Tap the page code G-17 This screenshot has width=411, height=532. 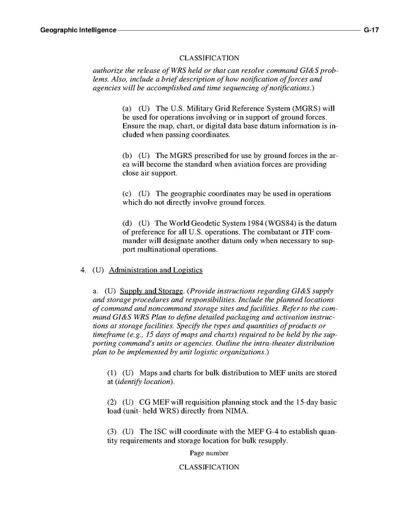(371, 29)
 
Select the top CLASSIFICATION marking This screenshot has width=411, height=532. (209, 58)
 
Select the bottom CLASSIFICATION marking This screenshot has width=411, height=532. (209, 467)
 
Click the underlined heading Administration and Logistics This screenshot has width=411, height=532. (156, 270)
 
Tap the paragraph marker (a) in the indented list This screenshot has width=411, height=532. (127, 109)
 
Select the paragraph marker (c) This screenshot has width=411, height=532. (127, 194)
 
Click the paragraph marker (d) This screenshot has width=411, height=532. (127, 223)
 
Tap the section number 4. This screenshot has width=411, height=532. (83, 270)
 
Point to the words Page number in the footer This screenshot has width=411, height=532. (209, 453)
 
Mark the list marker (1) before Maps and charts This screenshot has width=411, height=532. (112, 373)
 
